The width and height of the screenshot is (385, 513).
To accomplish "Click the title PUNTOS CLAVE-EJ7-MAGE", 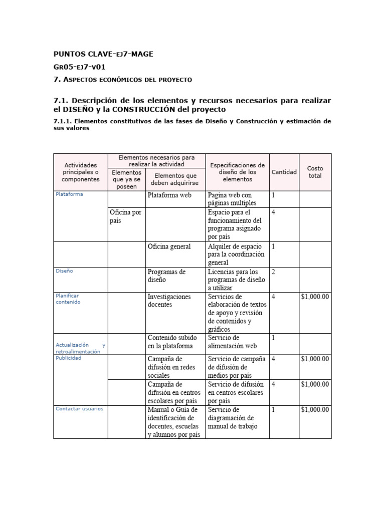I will (103, 54).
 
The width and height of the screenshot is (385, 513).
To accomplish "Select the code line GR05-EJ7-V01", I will (79, 67).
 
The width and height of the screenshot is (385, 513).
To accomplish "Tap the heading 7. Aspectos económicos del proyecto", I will (122, 80).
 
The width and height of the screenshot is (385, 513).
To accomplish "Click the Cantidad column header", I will (284, 172).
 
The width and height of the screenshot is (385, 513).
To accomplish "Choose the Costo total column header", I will (315, 172).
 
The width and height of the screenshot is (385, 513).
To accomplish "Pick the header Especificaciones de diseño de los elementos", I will (237, 172).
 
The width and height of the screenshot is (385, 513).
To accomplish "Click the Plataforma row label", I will (70, 194).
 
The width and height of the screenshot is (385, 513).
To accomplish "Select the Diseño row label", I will (65, 271).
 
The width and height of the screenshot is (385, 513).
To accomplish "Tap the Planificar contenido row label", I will (68, 299).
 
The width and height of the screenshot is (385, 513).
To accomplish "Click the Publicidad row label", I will (69, 358).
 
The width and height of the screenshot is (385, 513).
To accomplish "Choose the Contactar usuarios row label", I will (80, 408).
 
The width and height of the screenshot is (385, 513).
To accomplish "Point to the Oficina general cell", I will (169, 246).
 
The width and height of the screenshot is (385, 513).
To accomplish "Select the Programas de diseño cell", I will (166, 276).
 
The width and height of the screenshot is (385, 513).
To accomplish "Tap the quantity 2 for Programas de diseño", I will (273, 272).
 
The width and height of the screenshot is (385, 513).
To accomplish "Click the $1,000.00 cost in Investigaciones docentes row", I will (315, 297).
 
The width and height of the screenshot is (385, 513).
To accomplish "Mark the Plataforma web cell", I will (169, 195).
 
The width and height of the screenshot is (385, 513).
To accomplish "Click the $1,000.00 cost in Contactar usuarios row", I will (315, 409).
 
